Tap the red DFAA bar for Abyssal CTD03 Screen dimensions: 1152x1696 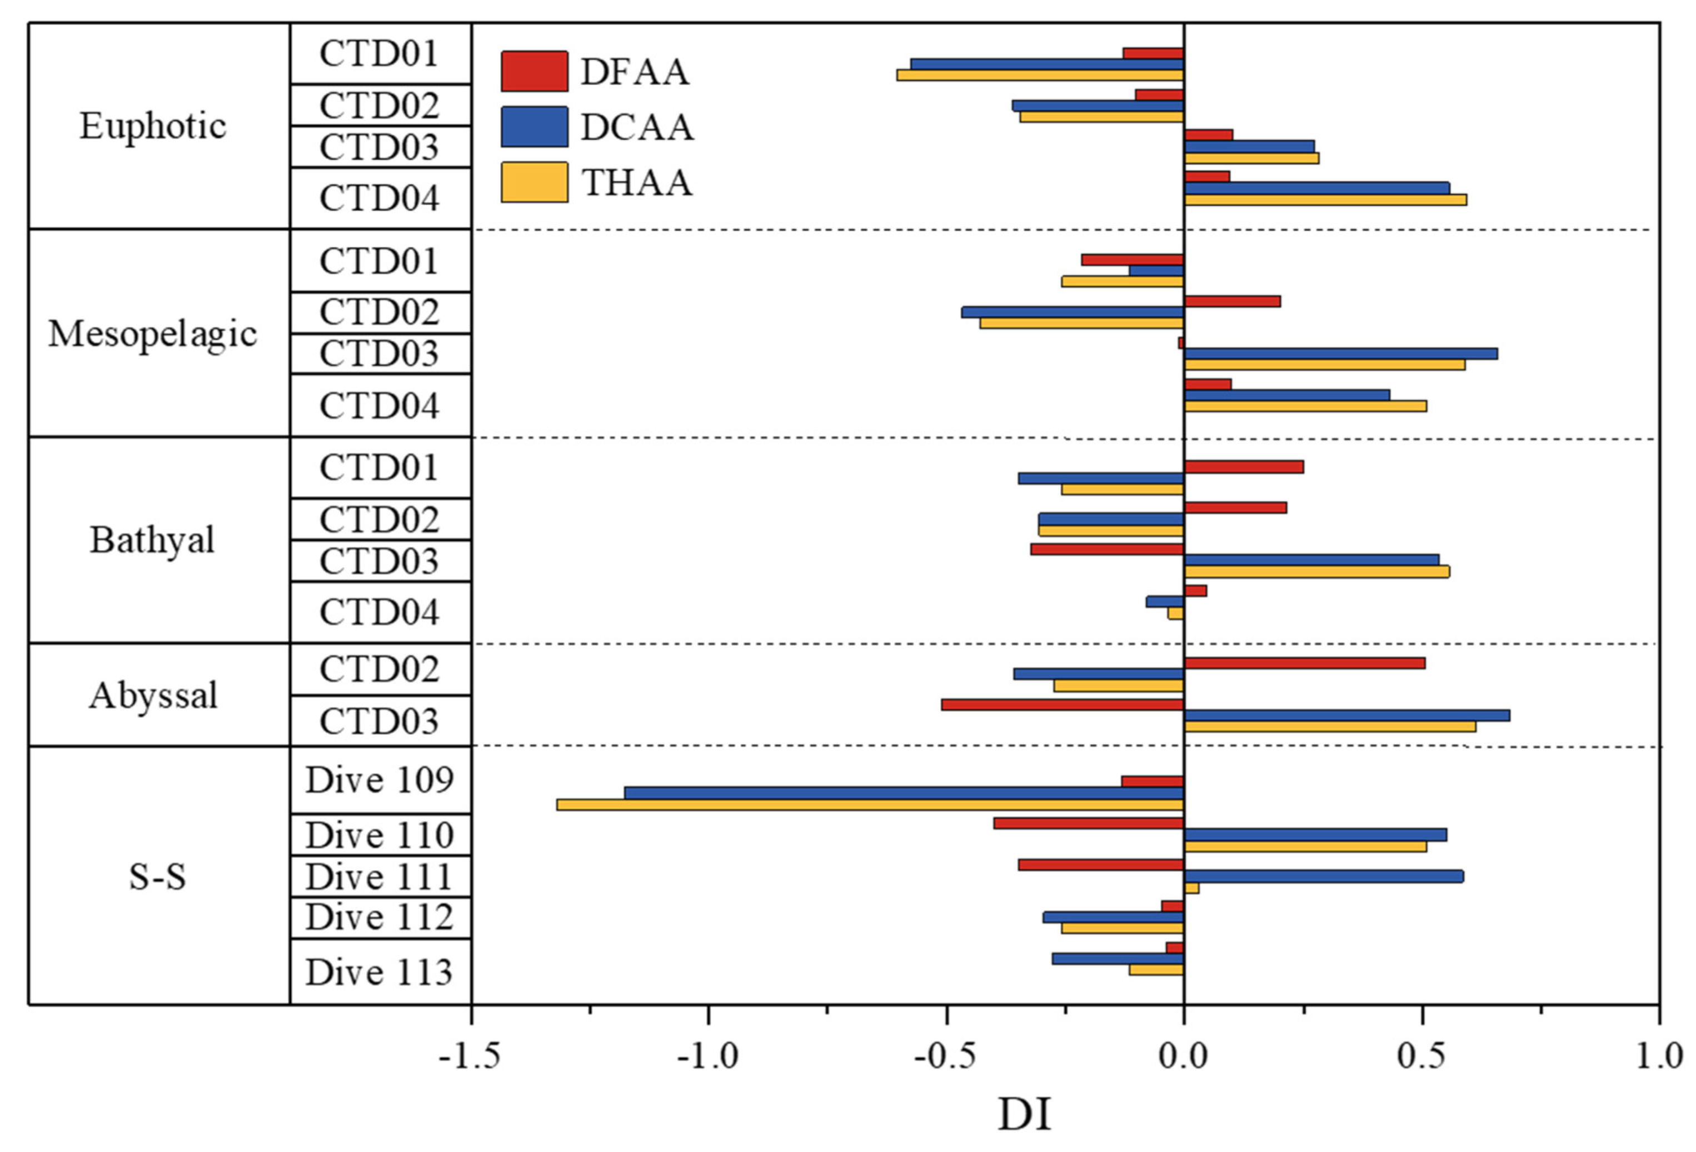(x=1062, y=705)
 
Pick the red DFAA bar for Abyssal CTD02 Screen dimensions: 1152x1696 (x=1303, y=663)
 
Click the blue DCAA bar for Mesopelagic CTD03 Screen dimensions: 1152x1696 (x=1340, y=354)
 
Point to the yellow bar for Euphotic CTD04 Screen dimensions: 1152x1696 (x=1325, y=200)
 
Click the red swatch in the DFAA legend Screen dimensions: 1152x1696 (x=534, y=72)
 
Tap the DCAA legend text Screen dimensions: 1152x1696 (x=636, y=127)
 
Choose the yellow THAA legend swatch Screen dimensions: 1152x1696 (x=534, y=182)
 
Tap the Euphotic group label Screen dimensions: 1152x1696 (x=153, y=126)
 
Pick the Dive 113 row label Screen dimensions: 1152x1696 (x=380, y=972)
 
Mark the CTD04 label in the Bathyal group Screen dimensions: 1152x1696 (x=380, y=612)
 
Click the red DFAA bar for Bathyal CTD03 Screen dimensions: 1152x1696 (x=1106, y=549)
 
